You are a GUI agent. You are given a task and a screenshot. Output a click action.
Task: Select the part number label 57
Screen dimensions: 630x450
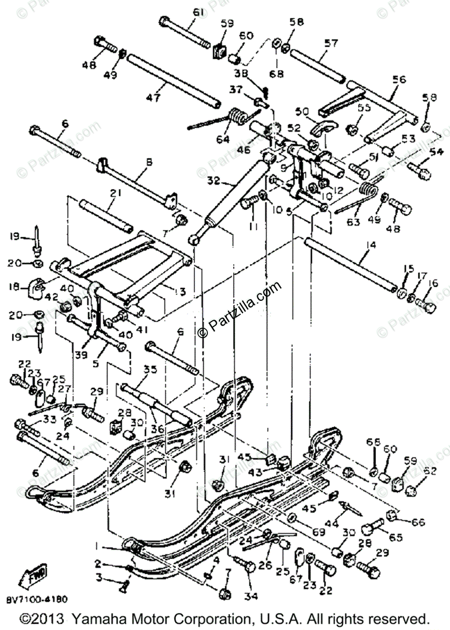click(x=331, y=44)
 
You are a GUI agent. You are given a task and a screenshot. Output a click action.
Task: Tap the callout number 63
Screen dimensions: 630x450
click(x=353, y=222)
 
